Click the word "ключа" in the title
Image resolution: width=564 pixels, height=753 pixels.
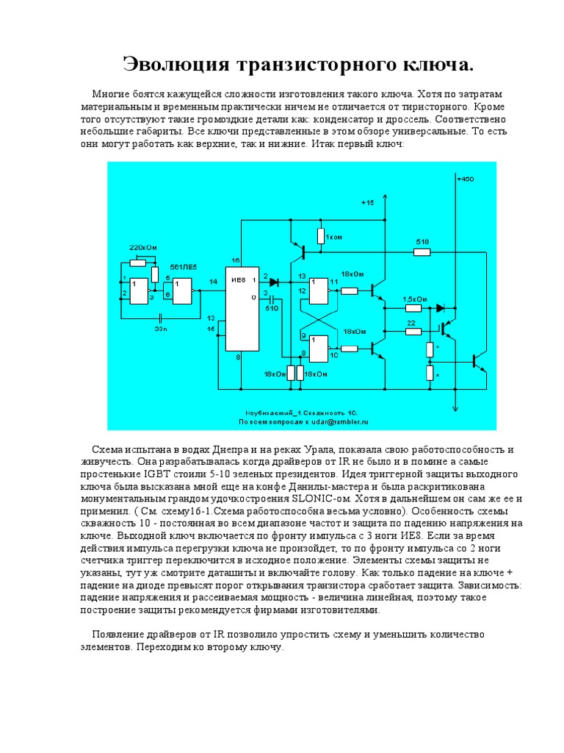click(x=437, y=65)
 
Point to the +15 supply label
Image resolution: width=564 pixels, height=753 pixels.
click(x=367, y=202)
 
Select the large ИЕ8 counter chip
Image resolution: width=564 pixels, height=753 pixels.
click(x=242, y=309)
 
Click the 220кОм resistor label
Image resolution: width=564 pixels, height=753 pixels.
click(x=143, y=248)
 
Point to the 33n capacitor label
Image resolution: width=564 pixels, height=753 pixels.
click(x=161, y=329)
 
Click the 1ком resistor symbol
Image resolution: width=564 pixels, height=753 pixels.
click(x=320, y=236)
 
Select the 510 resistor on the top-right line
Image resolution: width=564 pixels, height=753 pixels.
click(x=422, y=252)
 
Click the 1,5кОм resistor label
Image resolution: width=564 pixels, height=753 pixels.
click(x=416, y=299)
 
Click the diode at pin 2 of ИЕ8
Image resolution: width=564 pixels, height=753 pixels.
click(x=274, y=282)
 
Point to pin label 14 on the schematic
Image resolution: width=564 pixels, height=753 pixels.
click(x=213, y=282)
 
